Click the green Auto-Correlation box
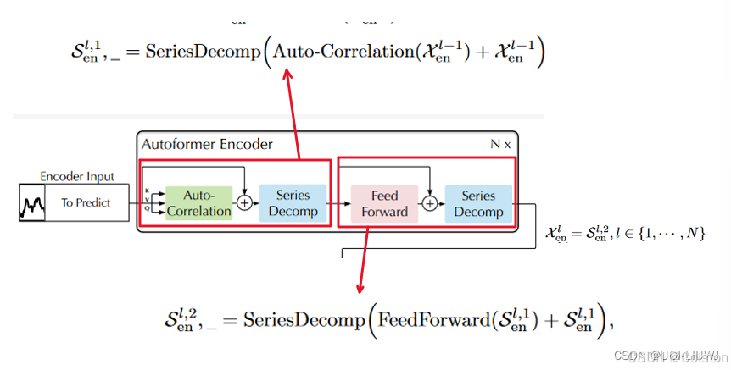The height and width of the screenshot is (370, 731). coord(198,203)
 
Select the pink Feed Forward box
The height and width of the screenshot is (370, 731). coord(384,203)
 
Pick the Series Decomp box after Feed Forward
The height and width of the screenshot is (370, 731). coord(478,203)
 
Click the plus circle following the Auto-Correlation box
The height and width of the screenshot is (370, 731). coord(245,203)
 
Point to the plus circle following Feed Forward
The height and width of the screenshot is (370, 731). coord(430,203)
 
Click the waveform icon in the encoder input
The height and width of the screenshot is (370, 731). coord(32,203)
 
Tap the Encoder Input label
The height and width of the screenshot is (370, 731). coord(76,177)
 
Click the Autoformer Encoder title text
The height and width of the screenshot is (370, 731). coord(207,144)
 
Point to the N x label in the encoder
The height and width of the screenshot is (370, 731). coord(500,144)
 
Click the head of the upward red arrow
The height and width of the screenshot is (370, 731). coord(287,75)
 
